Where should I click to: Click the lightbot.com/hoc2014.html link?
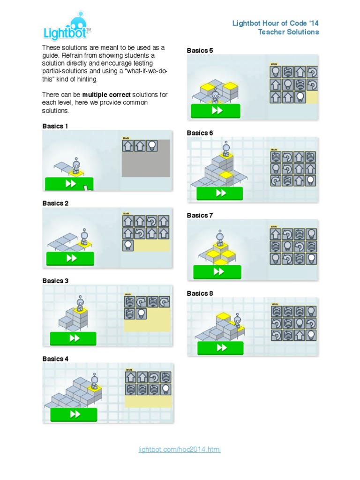(179, 450)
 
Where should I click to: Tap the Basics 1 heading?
(55, 126)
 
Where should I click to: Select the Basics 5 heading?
(200, 50)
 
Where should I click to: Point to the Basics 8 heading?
(200, 293)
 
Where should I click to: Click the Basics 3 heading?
(55, 281)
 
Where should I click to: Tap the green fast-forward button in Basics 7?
(217, 272)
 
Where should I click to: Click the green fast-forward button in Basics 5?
(216, 111)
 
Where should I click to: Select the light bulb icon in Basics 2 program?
(127, 245)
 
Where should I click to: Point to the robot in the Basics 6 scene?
(226, 148)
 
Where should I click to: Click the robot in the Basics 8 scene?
(237, 321)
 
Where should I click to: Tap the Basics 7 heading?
(200, 216)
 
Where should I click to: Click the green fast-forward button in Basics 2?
(70, 258)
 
